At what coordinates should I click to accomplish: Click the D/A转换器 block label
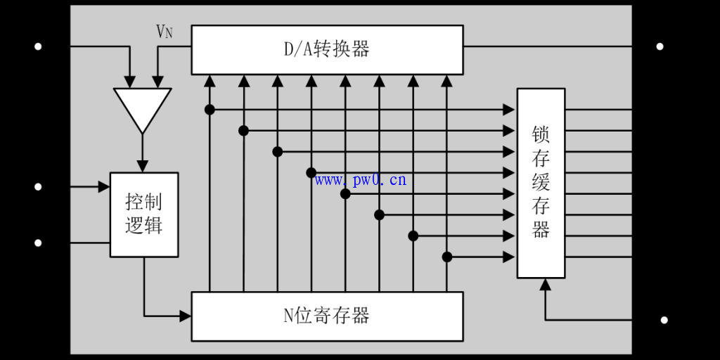pyautogui.click(x=327, y=49)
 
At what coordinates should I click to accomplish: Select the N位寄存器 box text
pyautogui.click(x=327, y=316)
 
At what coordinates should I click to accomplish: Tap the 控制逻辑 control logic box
pyautogui.click(x=144, y=214)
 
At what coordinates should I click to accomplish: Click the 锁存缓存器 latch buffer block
pyautogui.click(x=541, y=183)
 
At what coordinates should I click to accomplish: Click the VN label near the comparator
pyautogui.click(x=164, y=32)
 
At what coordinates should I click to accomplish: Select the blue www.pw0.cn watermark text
pyautogui.click(x=361, y=180)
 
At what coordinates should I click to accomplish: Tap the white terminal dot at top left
pyautogui.click(x=38, y=46)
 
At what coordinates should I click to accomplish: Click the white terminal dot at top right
pyautogui.click(x=660, y=46)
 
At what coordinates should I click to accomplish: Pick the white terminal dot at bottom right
pyautogui.click(x=664, y=320)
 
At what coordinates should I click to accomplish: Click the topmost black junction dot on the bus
pyautogui.click(x=210, y=109)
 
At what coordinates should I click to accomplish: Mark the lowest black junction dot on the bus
pyautogui.click(x=446, y=257)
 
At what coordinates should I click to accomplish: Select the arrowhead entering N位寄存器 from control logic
pyautogui.click(x=186, y=316)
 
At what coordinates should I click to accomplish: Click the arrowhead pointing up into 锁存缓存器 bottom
pyautogui.click(x=544, y=284)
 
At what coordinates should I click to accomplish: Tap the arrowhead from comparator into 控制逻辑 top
pyautogui.click(x=143, y=166)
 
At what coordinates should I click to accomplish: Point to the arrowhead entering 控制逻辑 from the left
pyautogui.click(x=104, y=187)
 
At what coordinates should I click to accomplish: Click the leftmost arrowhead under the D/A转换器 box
pyautogui.click(x=210, y=80)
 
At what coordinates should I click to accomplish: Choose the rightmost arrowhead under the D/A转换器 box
pyautogui.click(x=446, y=80)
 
